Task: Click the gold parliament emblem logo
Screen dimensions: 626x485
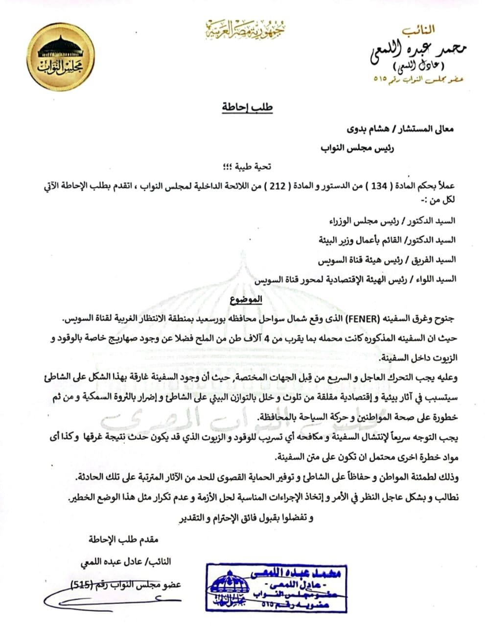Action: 60,57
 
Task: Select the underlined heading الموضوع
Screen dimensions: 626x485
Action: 246,298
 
